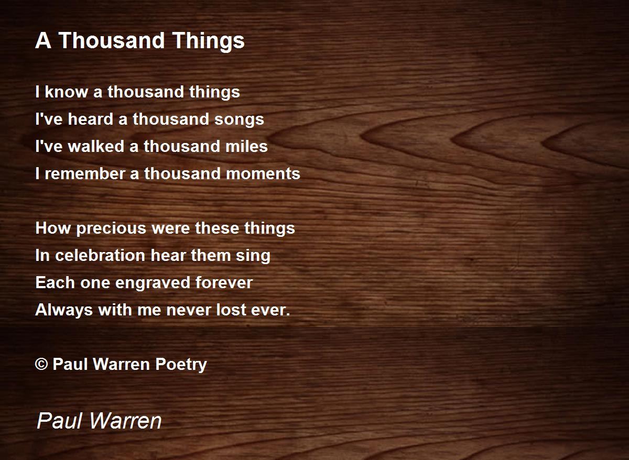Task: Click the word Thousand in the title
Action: (112, 40)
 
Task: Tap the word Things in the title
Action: (209, 41)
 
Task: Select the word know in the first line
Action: (66, 92)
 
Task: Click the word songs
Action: (239, 120)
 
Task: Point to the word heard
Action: (90, 119)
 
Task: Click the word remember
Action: (85, 173)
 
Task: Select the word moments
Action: (263, 174)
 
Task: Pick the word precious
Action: (111, 228)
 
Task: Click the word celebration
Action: (100, 255)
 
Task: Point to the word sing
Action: (253, 257)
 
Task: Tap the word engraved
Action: (153, 283)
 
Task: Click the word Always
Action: (64, 311)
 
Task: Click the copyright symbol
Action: (41, 364)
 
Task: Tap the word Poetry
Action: (181, 365)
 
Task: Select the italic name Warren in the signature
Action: (126, 421)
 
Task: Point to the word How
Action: (53, 228)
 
